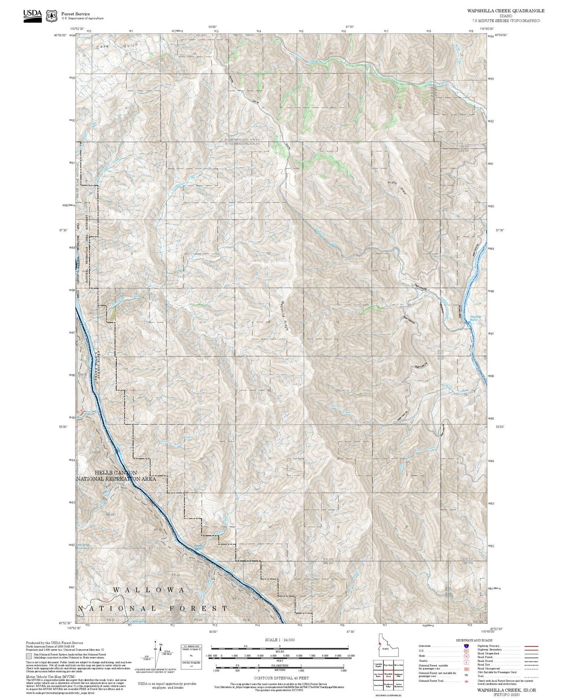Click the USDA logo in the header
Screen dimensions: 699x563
coord(32,15)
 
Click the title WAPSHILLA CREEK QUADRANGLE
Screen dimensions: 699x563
coord(506,11)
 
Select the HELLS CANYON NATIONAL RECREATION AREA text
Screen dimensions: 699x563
coord(116,476)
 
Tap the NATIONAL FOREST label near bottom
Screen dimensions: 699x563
coord(153,608)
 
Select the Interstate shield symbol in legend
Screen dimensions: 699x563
coord(466,646)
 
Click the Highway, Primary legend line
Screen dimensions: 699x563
coord(531,646)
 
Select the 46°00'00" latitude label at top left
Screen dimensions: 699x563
coord(60,35)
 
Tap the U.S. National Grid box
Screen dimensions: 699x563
coord(191,657)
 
